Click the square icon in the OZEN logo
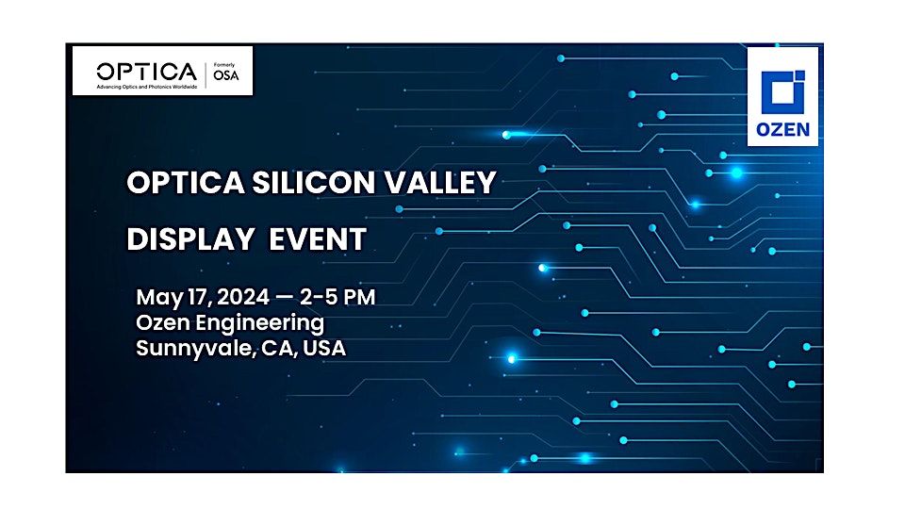click(782, 90)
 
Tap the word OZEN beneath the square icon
click(782, 129)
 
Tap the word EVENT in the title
click(318, 239)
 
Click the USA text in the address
click(323, 349)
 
